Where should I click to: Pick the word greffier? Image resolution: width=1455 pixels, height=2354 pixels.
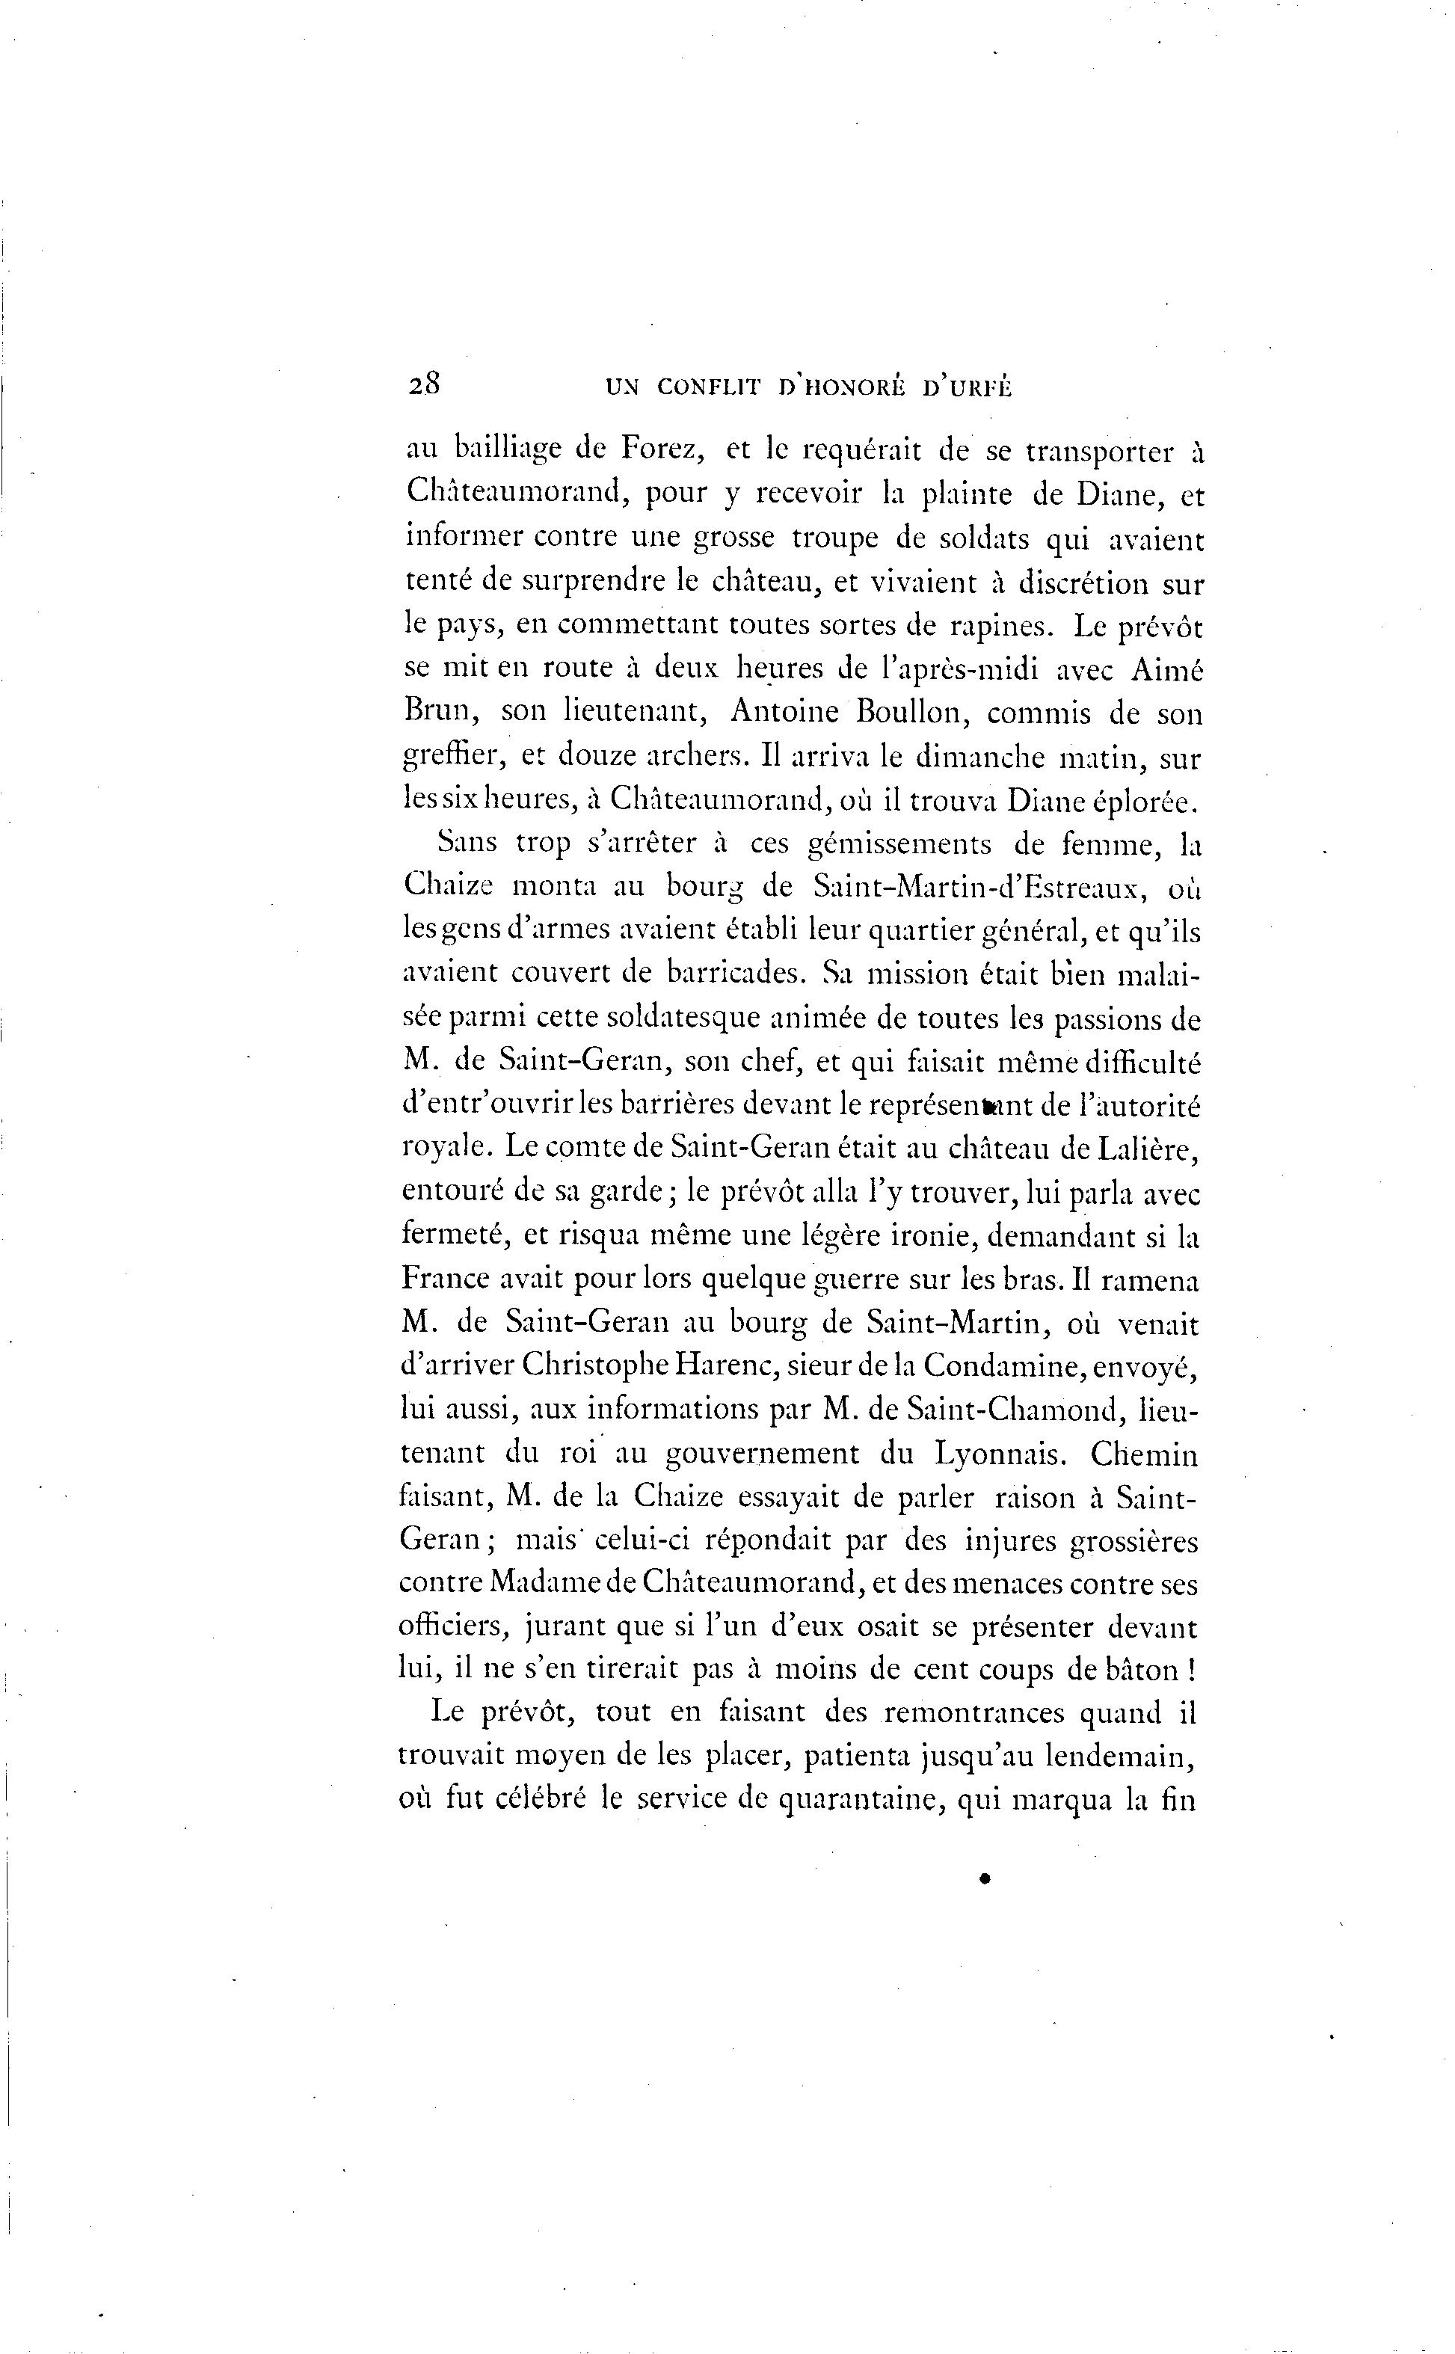tap(453, 758)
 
